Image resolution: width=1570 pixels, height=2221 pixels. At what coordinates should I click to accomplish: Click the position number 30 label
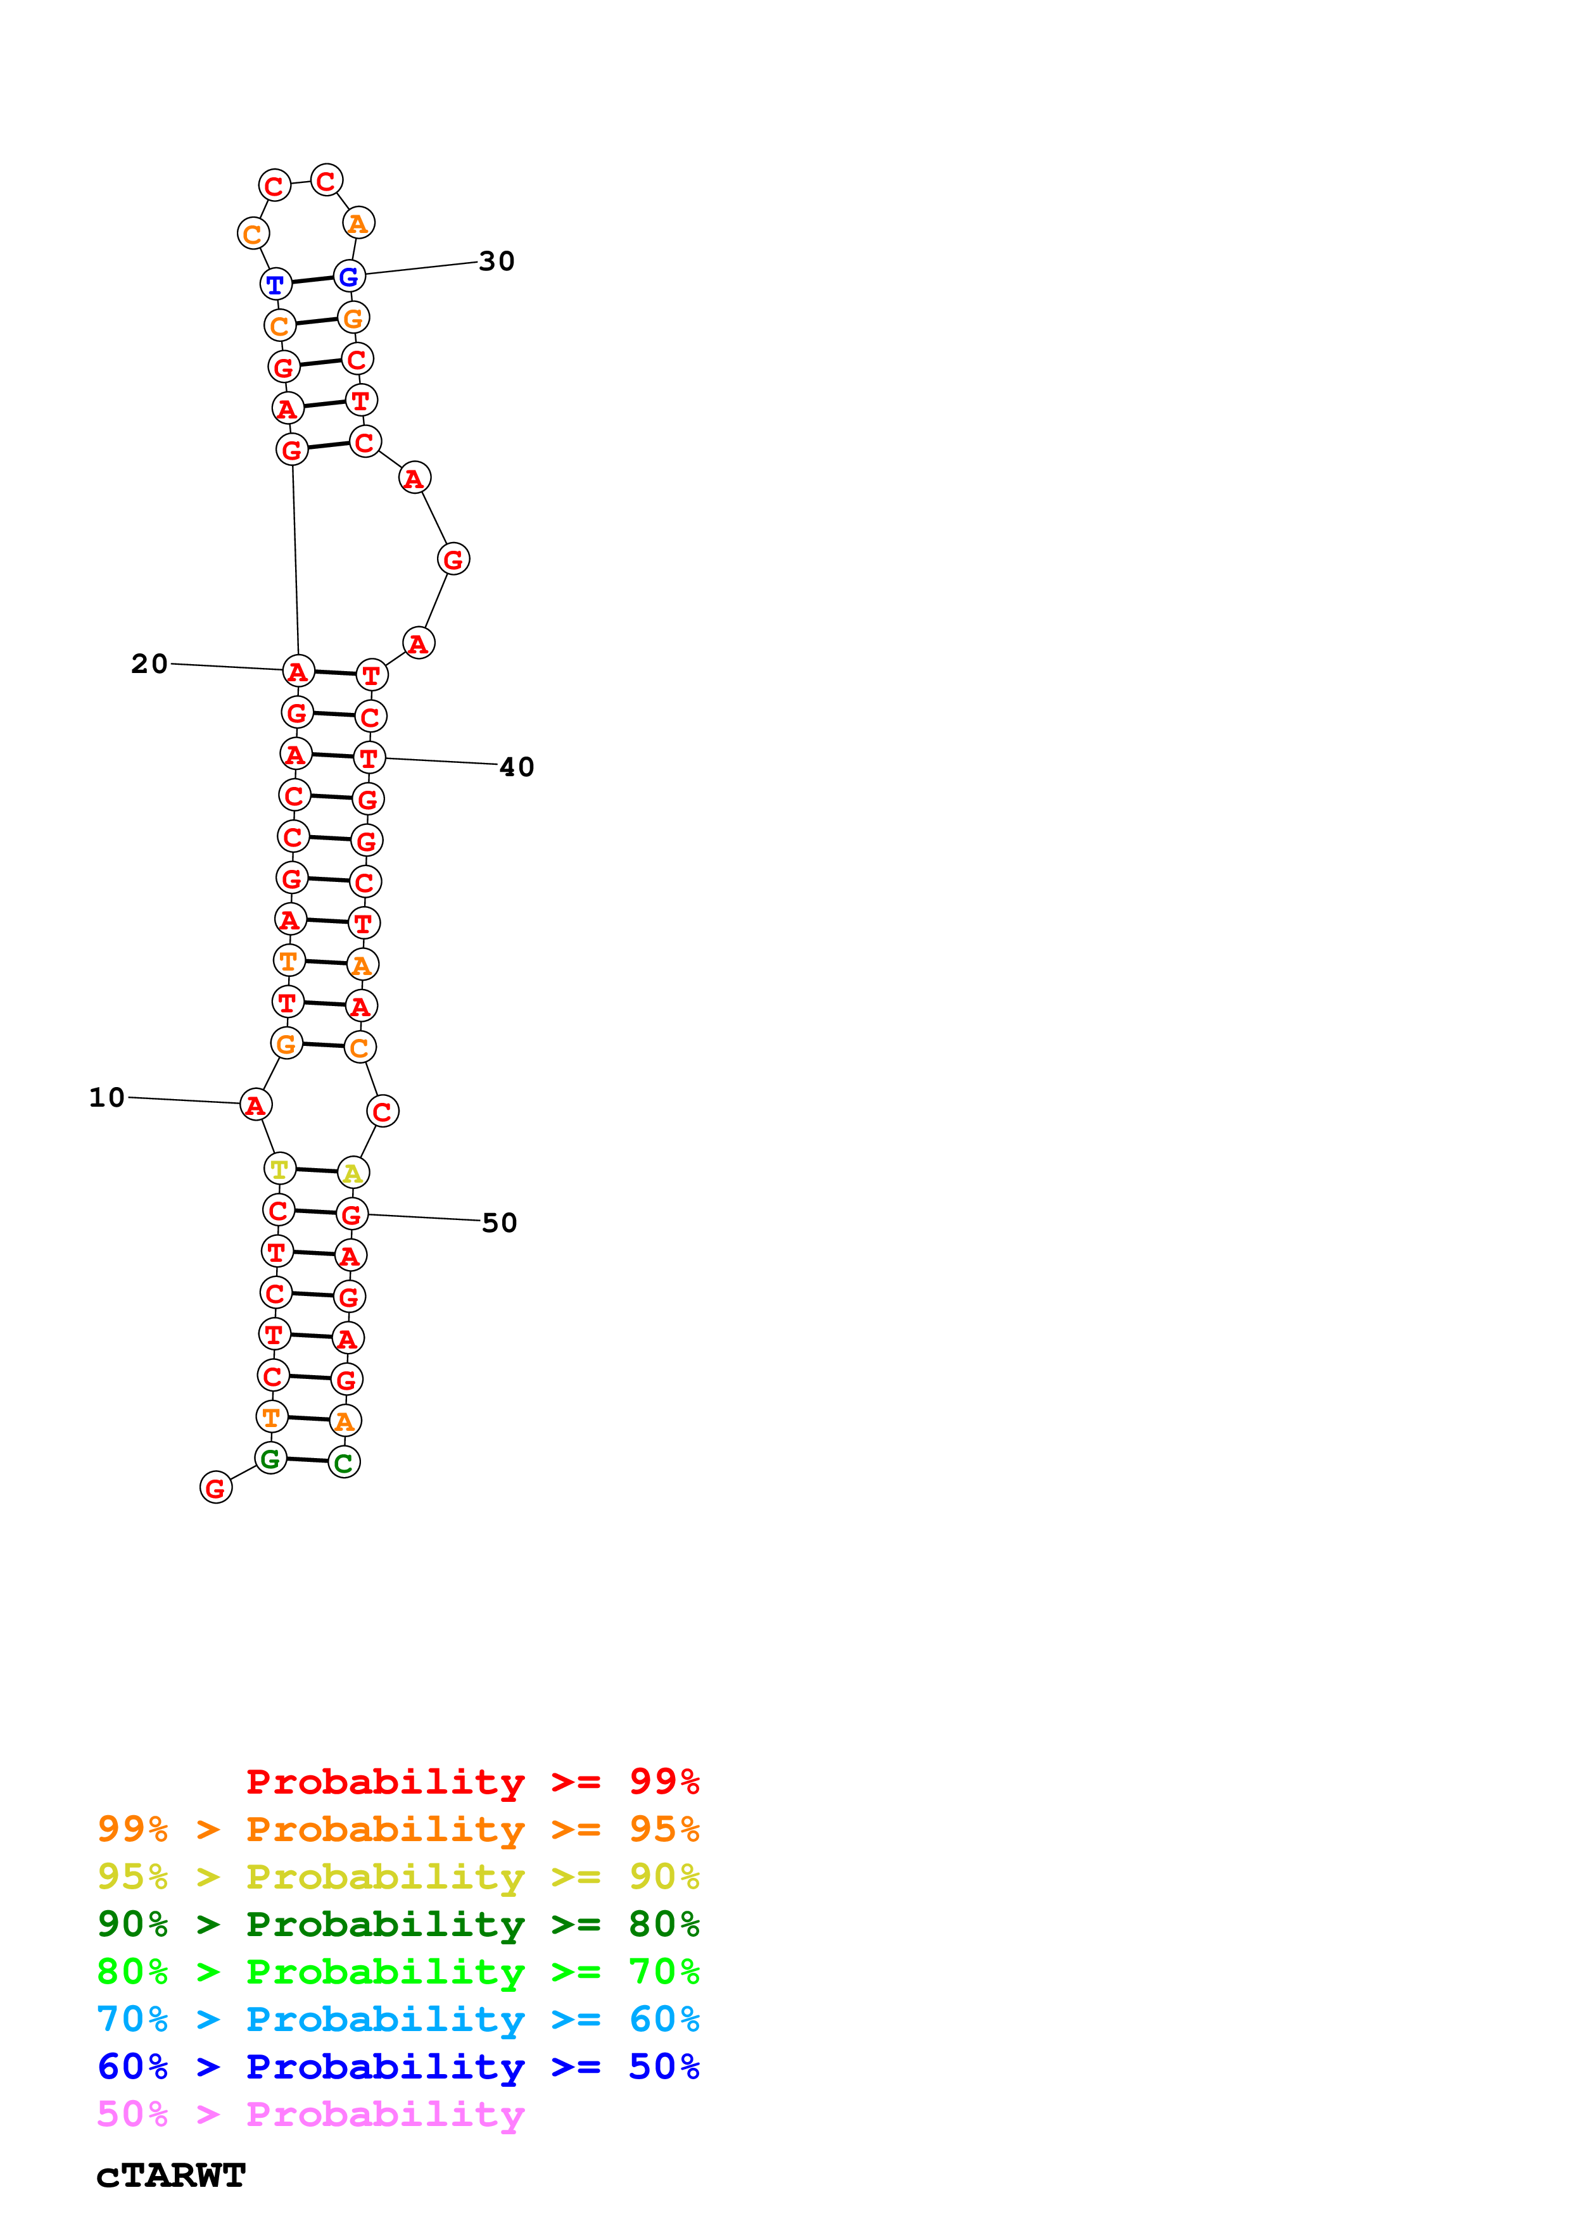(x=497, y=261)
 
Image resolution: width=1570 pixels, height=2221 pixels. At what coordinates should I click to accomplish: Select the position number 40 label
(x=517, y=767)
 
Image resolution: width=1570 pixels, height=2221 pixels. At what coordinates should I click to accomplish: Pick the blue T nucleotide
(x=275, y=284)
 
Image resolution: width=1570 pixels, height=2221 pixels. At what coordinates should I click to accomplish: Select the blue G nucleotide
(x=349, y=277)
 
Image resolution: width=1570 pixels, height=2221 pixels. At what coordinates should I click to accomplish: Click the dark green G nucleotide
(x=271, y=1459)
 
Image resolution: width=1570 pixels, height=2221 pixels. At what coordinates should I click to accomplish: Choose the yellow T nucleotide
(x=279, y=1169)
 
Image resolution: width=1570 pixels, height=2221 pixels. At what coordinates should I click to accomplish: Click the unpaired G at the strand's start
(x=216, y=1488)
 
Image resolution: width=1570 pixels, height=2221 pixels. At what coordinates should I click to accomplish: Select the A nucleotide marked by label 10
(x=255, y=1105)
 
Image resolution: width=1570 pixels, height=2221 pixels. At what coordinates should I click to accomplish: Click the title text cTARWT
(x=171, y=2175)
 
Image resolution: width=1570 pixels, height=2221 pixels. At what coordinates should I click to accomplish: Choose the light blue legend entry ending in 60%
(x=398, y=2019)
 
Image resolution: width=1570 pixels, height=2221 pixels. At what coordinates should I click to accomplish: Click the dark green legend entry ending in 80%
(x=398, y=1924)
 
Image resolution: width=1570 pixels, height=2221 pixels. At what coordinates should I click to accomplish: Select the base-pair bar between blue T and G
(x=312, y=280)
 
